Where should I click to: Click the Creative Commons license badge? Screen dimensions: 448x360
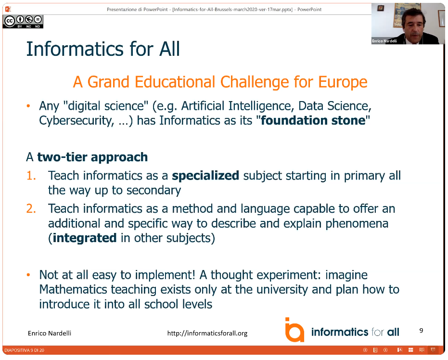tap(23, 22)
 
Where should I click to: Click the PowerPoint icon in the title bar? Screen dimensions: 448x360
tap(8, 9)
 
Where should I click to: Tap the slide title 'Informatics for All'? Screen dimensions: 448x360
tap(103, 49)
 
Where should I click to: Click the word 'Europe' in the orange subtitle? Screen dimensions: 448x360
tap(343, 82)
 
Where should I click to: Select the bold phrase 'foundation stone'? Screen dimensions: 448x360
tap(313, 120)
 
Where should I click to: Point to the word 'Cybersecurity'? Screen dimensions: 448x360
tap(76, 121)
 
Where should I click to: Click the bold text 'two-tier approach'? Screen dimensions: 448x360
tap(92, 157)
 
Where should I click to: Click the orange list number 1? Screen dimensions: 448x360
tap(31, 176)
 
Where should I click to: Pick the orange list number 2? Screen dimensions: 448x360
tap(31, 208)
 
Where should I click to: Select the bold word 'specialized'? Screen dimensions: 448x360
tap(205, 176)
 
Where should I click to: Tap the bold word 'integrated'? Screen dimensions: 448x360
tap(85, 238)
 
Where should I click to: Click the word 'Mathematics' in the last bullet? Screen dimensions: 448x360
tap(73, 289)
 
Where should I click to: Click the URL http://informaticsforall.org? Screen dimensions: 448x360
tap(207, 333)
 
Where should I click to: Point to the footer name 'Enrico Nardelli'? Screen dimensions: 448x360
tap(50, 333)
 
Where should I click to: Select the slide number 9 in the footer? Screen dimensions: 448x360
tap(421, 331)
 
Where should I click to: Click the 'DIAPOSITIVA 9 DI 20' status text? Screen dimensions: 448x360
tap(24, 350)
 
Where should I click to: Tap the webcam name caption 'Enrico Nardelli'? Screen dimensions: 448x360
tap(384, 41)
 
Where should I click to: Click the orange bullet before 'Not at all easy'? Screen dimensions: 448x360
tap(28, 275)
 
